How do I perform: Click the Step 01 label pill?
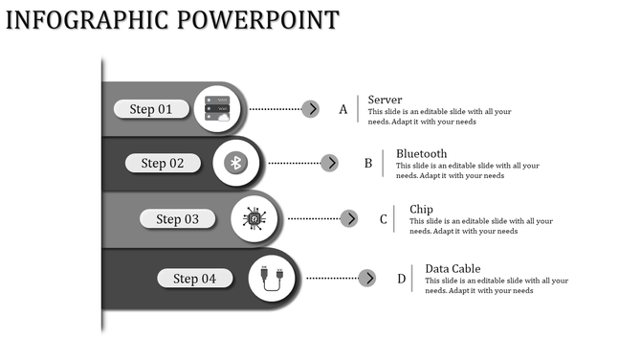[x=151, y=109]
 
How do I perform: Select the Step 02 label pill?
[x=163, y=163]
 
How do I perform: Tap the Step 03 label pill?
[x=178, y=219]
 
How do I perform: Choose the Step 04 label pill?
[x=194, y=279]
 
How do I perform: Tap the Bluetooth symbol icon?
[x=236, y=163]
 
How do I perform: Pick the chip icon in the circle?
[x=254, y=219]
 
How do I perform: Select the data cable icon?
[x=272, y=279]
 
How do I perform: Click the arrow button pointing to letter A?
[x=310, y=109]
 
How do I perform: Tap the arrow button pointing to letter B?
[x=329, y=163]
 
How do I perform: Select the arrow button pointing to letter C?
[x=349, y=218]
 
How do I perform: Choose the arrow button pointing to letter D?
[x=367, y=279]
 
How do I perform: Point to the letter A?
[x=343, y=110]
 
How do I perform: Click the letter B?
[x=367, y=164]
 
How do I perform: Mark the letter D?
[x=402, y=280]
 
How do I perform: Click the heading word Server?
[x=385, y=100]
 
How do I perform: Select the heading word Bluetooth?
[x=421, y=153]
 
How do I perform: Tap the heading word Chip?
[x=421, y=209]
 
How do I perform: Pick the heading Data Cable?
[x=453, y=268]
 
